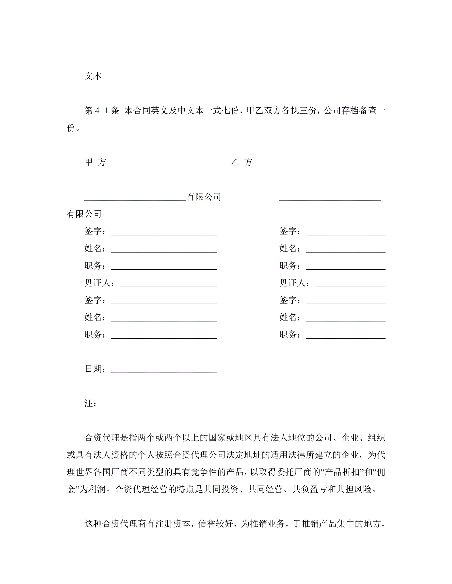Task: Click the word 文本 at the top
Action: tap(93, 76)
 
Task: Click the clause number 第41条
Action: tap(102, 110)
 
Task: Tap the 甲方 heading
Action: tap(95, 162)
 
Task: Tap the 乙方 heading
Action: tap(242, 162)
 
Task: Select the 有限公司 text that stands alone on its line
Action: tap(84, 214)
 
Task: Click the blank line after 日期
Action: tap(164, 372)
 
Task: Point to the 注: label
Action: tap(90, 403)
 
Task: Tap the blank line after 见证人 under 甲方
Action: tap(168, 286)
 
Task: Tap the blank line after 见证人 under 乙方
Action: tap(350, 286)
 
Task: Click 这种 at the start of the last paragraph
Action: tap(93, 524)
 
